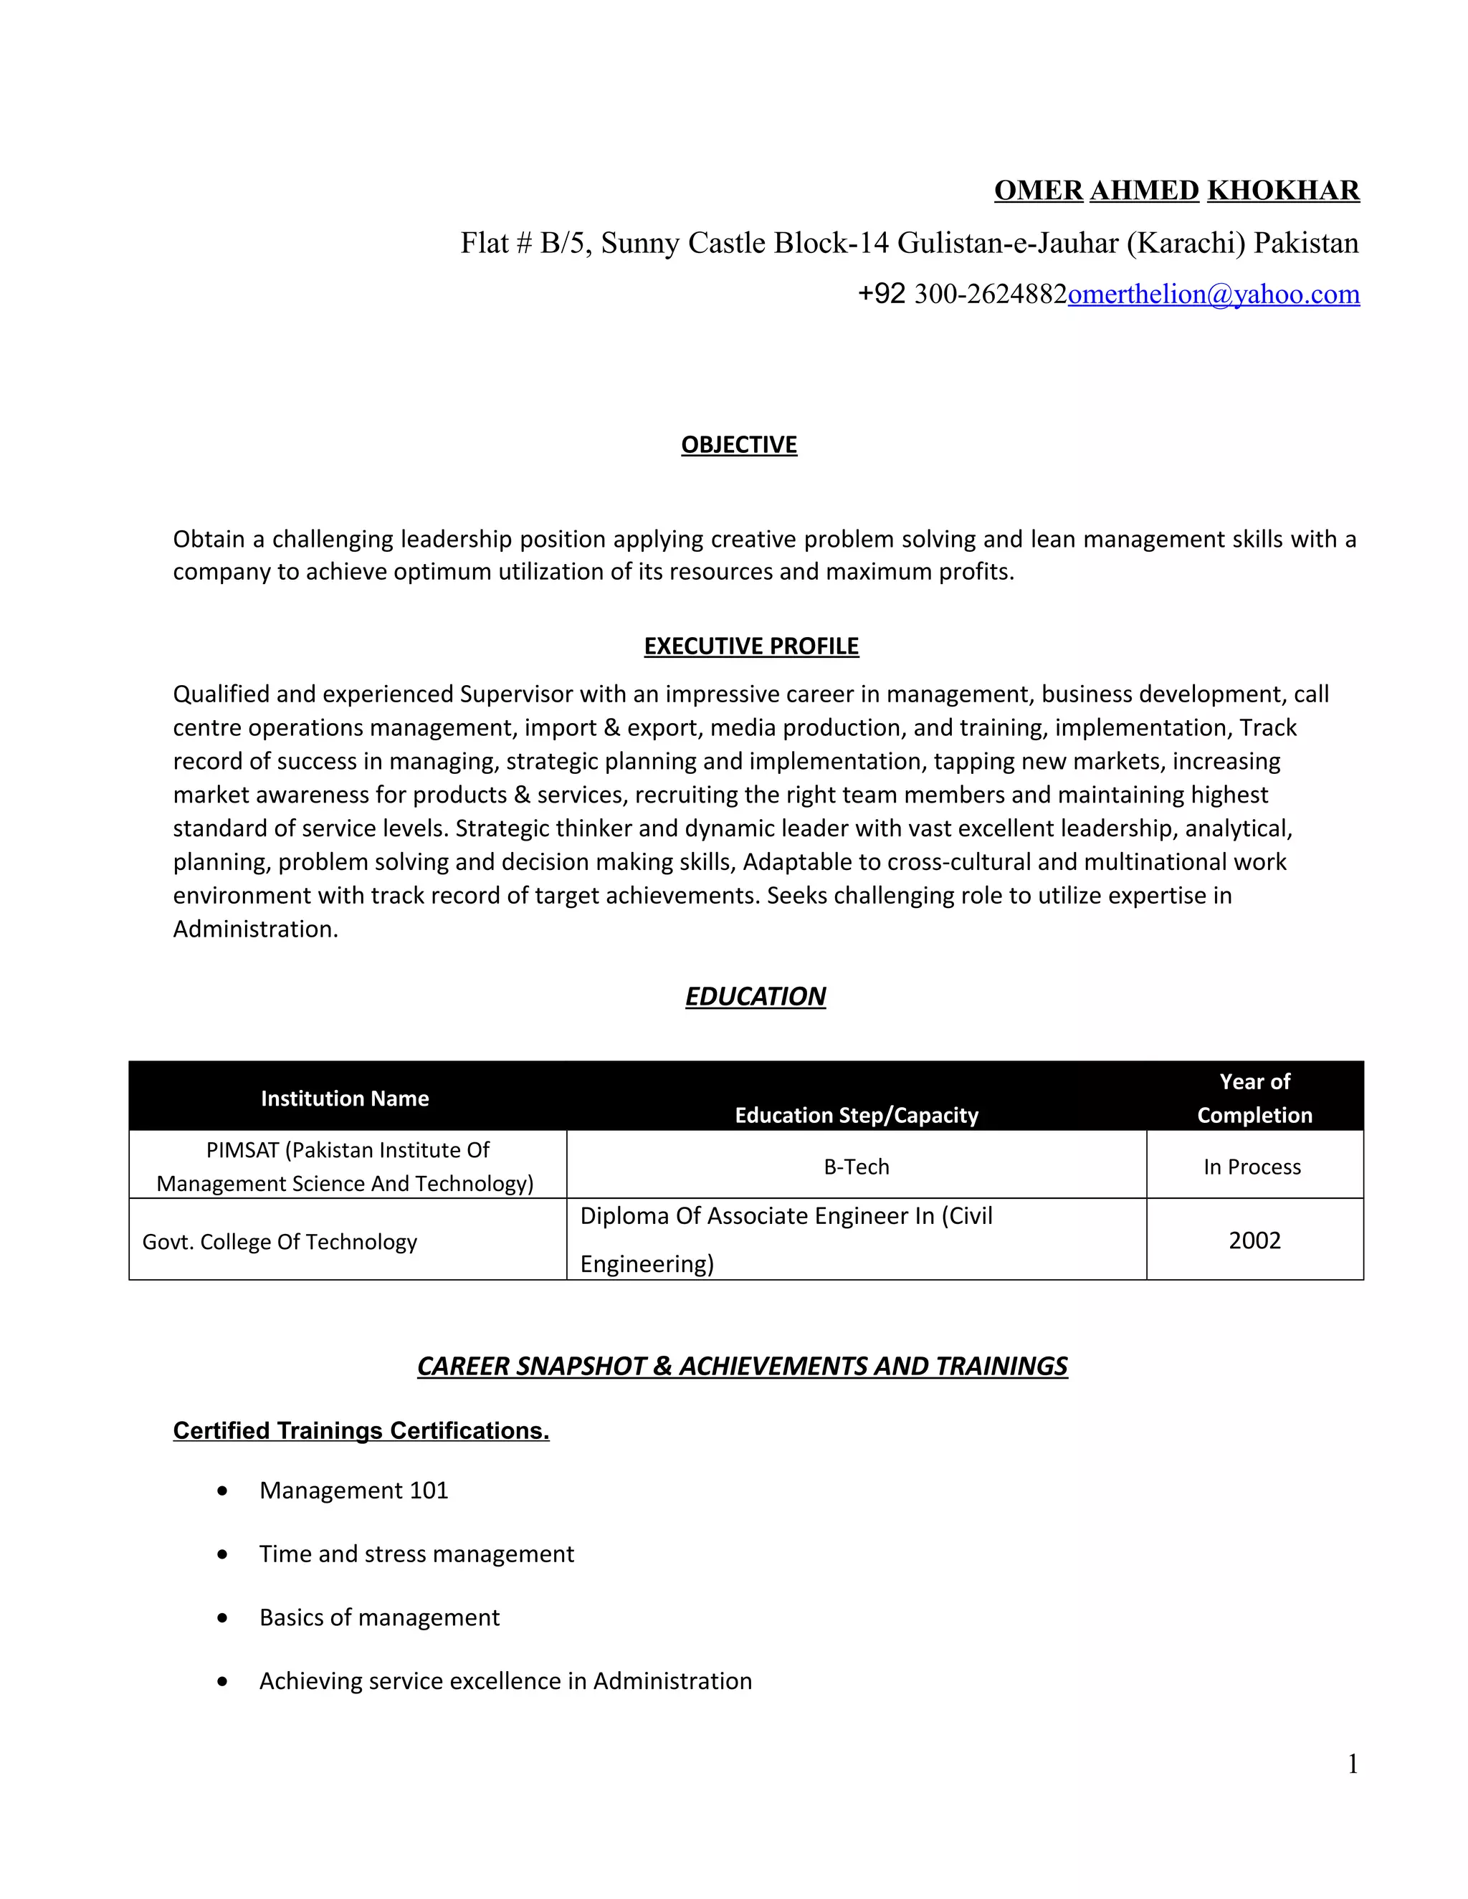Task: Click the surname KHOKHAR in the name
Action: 1283,191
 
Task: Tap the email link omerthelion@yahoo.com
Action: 1214,294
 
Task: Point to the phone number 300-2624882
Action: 991,294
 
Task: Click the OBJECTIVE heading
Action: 738,444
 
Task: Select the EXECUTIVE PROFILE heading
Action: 750,646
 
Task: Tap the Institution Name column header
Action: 344,1098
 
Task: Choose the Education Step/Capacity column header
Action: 856,1115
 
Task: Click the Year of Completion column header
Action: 1254,1098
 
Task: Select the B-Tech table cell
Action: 856,1166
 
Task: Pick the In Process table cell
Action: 1252,1167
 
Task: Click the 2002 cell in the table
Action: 1254,1240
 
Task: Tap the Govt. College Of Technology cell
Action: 279,1242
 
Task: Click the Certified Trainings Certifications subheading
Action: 361,1430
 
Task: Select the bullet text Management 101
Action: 353,1491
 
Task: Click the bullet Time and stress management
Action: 416,1554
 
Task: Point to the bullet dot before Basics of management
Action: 224,1618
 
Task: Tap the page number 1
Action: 1353,1764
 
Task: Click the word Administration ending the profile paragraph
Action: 254,929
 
